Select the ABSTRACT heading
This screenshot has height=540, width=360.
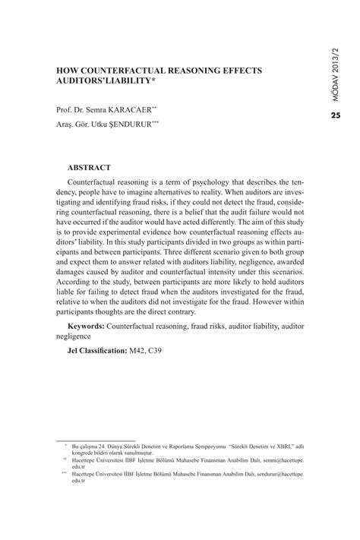tap(90, 166)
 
